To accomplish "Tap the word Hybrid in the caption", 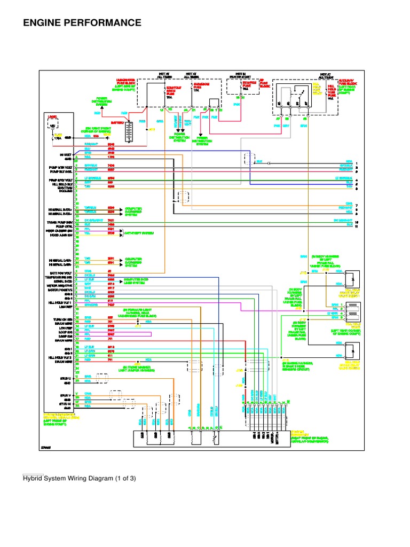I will tap(33, 478).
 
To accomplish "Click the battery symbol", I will tap(129, 130).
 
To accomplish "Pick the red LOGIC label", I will tap(52, 115).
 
